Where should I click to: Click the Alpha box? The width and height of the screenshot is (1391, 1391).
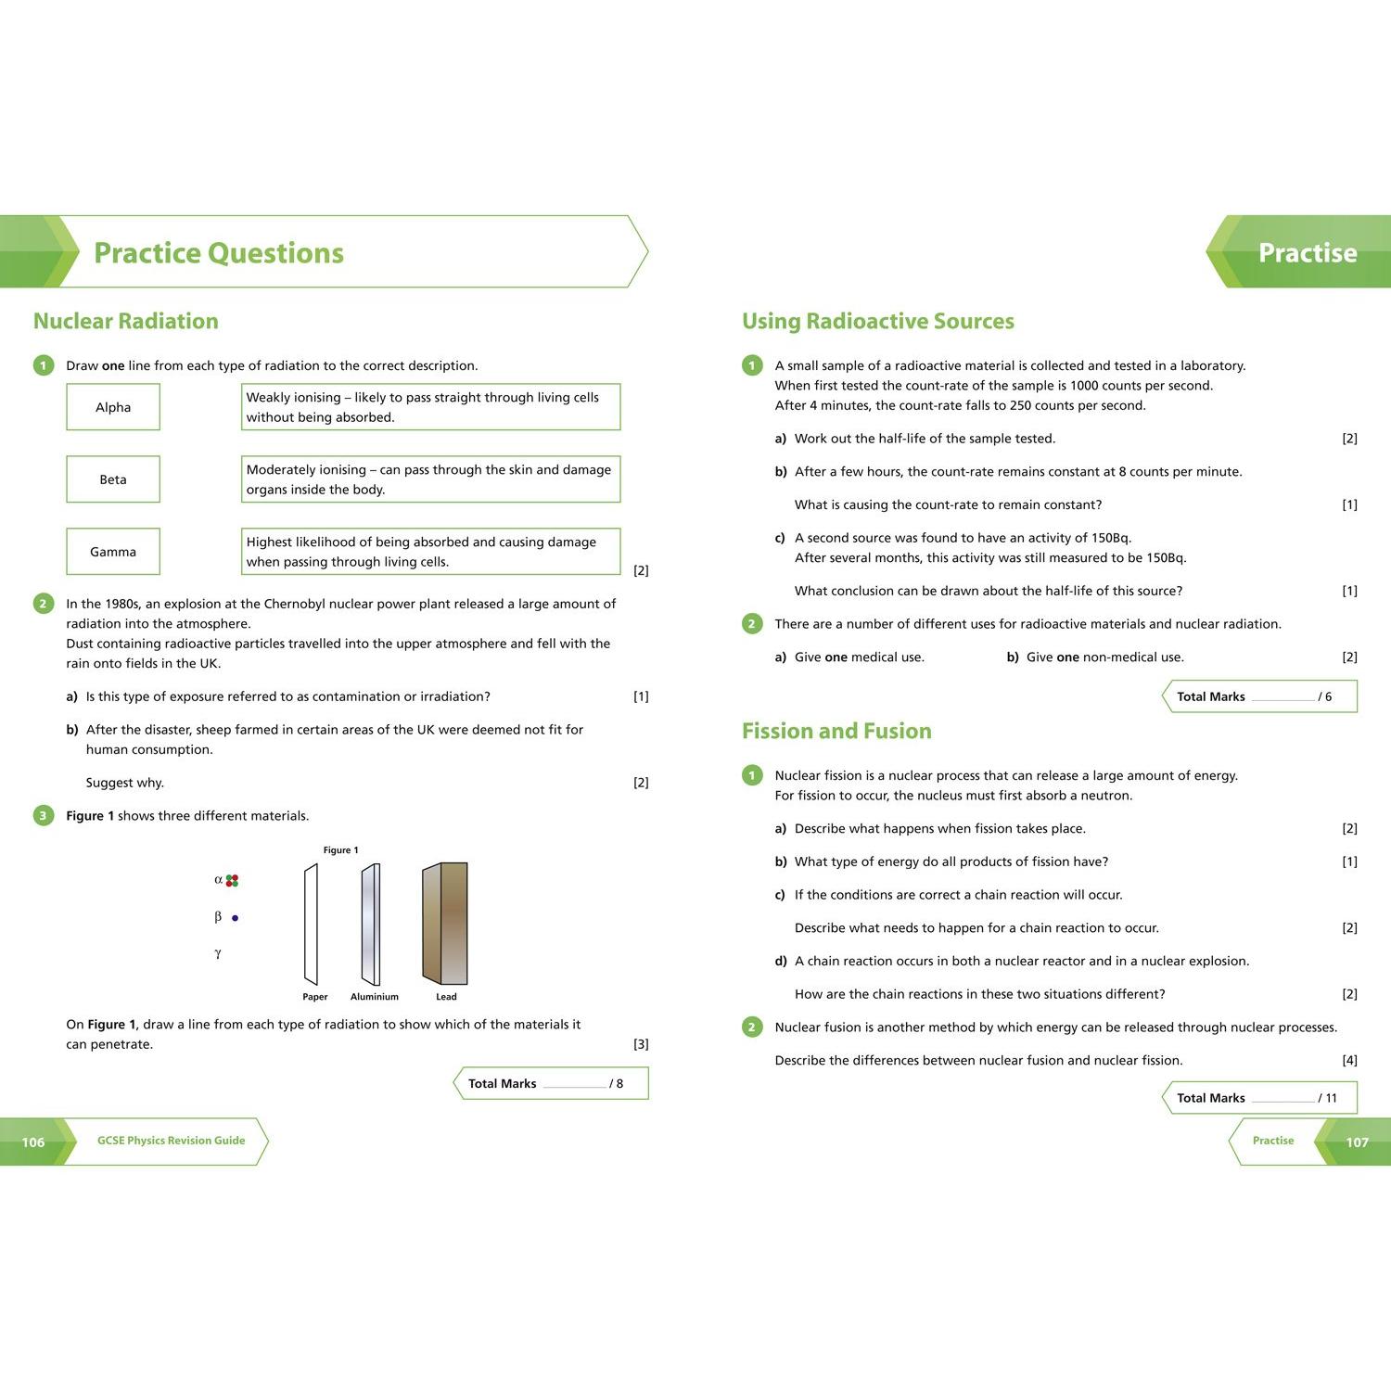(113, 407)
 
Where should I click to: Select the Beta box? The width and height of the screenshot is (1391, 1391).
(113, 479)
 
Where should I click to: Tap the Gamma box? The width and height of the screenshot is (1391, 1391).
(113, 552)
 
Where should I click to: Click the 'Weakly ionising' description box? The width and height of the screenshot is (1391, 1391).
(430, 407)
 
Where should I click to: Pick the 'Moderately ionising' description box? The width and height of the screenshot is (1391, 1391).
(430, 479)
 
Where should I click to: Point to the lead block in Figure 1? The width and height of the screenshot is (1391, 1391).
(445, 924)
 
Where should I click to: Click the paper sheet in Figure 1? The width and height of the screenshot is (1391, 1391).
(311, 925)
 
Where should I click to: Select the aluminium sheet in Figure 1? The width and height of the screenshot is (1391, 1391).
(371, 925)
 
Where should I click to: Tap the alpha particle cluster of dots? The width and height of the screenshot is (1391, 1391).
(232, 880)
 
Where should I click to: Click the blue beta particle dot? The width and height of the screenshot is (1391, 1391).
(235, 918)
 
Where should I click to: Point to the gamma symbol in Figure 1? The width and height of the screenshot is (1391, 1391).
(218, 953)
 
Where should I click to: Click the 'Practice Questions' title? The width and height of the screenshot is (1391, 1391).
(219, 252)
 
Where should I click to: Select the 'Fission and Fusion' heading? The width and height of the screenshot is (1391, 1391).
(836, 731)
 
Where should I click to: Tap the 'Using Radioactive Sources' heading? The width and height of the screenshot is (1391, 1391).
(878, 321)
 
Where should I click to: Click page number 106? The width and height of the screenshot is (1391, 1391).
(33, 1142)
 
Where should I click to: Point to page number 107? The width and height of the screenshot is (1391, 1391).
(1357, 1142)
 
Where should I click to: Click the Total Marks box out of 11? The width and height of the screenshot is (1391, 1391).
(1259, 1098)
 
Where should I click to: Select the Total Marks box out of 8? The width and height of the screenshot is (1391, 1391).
(551, 1083)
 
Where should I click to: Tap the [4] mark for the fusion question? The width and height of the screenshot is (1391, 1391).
(1349, 1060)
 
